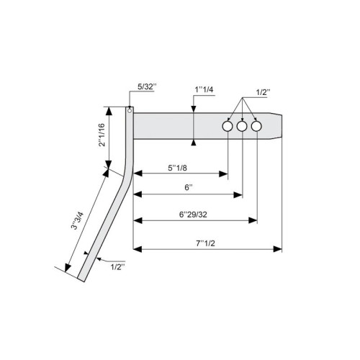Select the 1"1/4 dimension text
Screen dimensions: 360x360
coord(204,90)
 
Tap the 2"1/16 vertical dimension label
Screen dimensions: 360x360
coord(102,135)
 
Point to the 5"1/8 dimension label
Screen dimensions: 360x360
coord(177,168)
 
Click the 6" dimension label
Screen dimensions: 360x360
coord(189,187)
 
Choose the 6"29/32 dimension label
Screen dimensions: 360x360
coord(193,215)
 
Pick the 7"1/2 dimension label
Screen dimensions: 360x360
coord(205,243)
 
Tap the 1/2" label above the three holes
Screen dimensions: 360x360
coord(263,92)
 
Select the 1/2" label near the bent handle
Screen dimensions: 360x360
coord(118,267)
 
